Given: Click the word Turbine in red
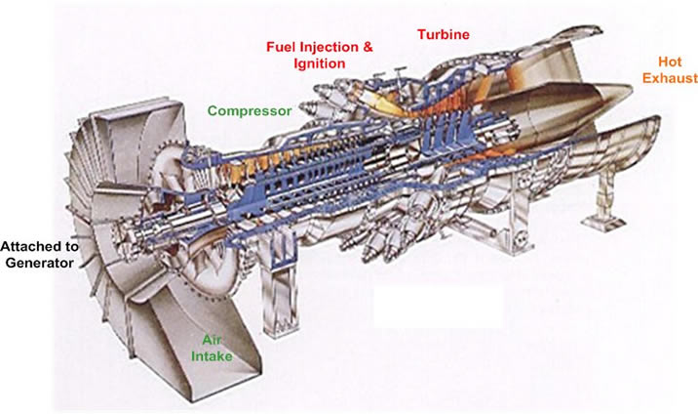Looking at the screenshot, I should coord(444,35).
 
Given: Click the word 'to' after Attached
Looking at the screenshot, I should coord(75,246).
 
